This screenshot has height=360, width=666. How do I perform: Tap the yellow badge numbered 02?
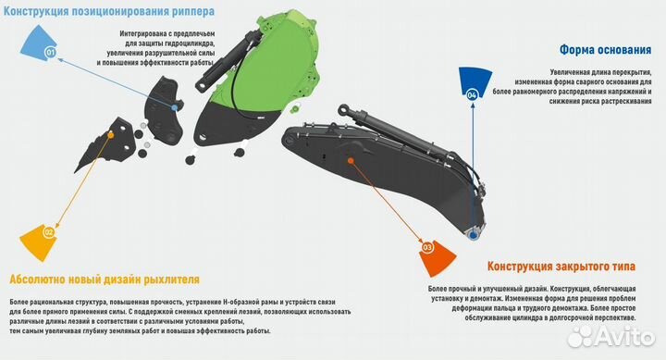47,233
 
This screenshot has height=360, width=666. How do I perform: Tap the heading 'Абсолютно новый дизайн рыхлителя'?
104,279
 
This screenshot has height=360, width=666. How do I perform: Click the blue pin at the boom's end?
475,236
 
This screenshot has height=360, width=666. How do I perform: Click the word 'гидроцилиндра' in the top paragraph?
189,43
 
